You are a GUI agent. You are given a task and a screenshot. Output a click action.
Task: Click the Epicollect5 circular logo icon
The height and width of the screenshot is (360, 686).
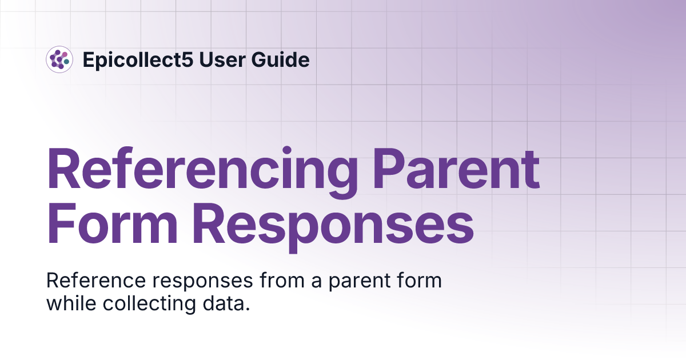coord(59,59)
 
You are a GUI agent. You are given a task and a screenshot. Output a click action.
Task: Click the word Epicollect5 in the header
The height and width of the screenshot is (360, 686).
coord(139,59)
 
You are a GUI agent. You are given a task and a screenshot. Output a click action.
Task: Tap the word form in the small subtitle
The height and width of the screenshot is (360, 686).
coord(420,281)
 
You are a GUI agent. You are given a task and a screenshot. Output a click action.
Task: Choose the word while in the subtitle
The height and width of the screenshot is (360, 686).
coord(70,303)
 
